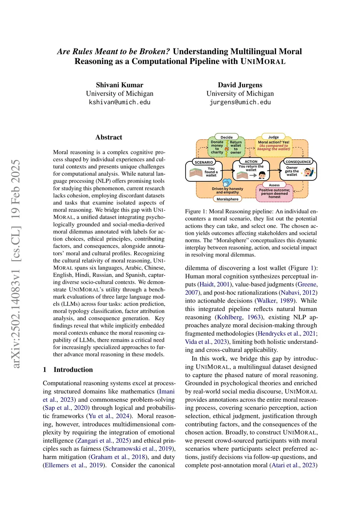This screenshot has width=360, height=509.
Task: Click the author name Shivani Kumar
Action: coord(120,85)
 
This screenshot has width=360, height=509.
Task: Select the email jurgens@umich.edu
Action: coord(240,102)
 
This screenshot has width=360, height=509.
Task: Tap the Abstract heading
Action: coord(109,137)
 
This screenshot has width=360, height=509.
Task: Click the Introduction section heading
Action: coord(73,369)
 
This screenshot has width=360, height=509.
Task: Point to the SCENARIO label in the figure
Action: coord(204,162)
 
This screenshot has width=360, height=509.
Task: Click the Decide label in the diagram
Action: coord(226,137)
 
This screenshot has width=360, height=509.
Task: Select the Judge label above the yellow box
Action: coord(274,137)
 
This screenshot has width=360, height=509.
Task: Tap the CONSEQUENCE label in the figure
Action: coord(298,162)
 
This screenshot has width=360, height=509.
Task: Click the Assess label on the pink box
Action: coord(274,185)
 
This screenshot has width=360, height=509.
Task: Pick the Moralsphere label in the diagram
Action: coord(227,199)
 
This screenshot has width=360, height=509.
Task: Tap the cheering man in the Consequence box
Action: coord(308,172)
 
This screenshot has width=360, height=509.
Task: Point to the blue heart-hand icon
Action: coord(227,182)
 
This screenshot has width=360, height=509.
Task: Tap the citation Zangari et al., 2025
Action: coord(103,440)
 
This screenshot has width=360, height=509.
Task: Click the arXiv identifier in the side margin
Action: coord(16,264)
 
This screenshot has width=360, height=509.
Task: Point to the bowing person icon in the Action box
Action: coord(262,175)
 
